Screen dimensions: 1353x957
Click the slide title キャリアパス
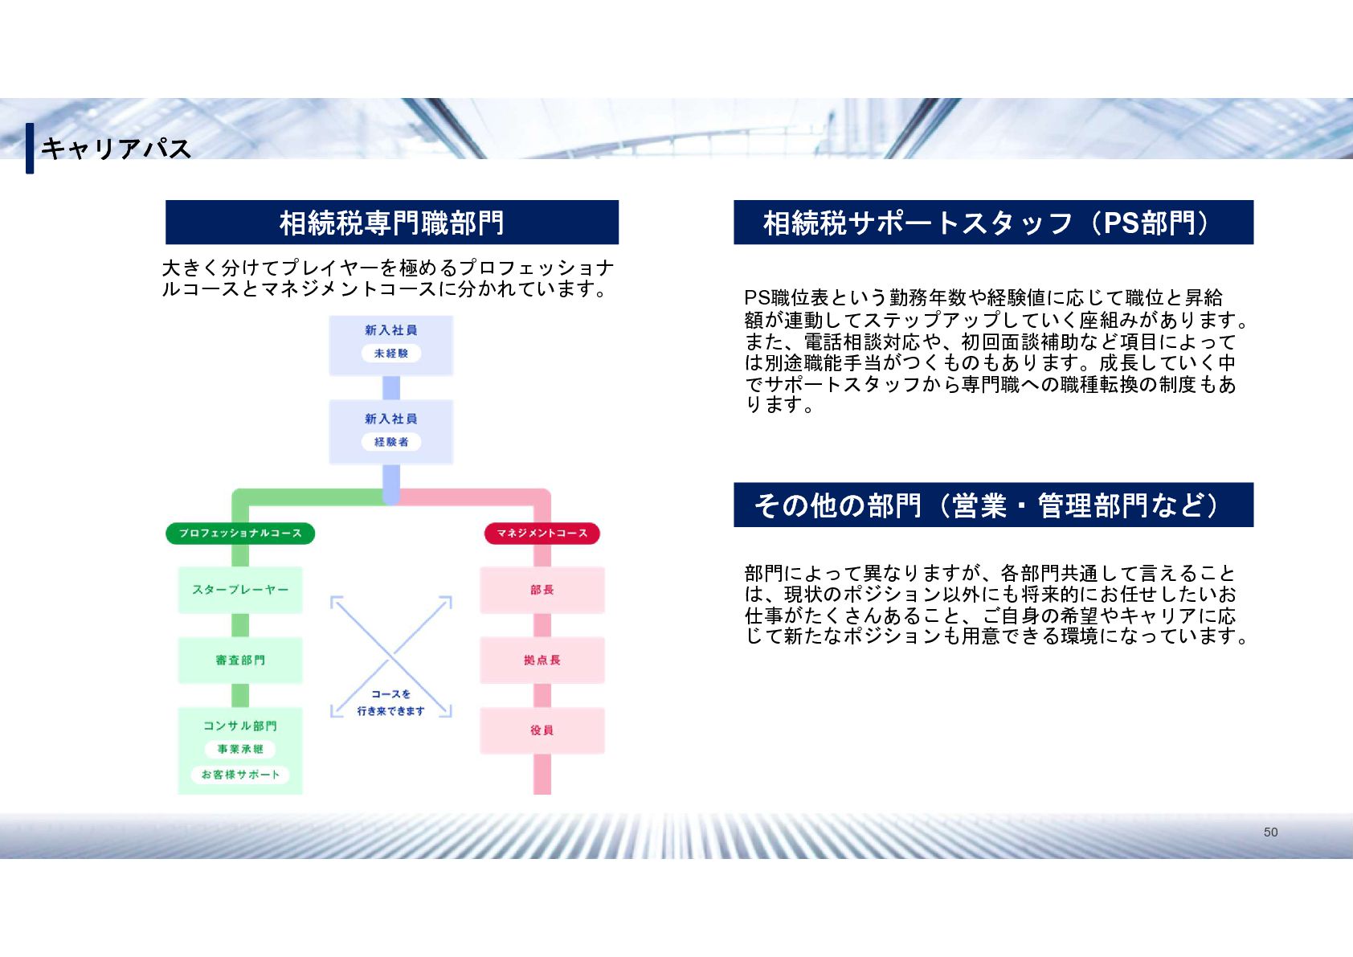[x=116, y=149]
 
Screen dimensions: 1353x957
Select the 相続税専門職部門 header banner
[x=392, y=223]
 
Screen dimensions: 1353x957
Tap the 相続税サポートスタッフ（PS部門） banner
[x=993, y=223]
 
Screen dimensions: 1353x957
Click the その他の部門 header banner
[x=993, y=505]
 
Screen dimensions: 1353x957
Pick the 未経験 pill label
[x=391, y=354]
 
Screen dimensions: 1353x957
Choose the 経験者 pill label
[x=391, y=442]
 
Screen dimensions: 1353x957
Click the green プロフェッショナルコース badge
[x=240, y=534]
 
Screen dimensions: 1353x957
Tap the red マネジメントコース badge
[x=542, y=534]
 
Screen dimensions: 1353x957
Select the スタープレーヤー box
[x=240, y=590]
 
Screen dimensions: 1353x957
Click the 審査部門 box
[x=240, y=660]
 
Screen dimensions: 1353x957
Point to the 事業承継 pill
[x=240, y=749]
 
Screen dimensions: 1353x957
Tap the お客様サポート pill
[x=240, y=775]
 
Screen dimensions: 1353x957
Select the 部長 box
[x=542, y=590]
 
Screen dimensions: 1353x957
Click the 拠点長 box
[x=542, y=660]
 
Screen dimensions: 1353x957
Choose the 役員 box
[x=542, y=730]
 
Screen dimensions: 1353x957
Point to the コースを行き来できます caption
[x=391, y=702]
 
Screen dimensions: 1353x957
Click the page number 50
[x=1270, y=832]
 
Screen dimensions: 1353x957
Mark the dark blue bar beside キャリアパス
[x=30, y=148]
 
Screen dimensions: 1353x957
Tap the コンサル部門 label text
[x=240, y=726]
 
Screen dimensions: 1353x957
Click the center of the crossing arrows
[x=391, y=656]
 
